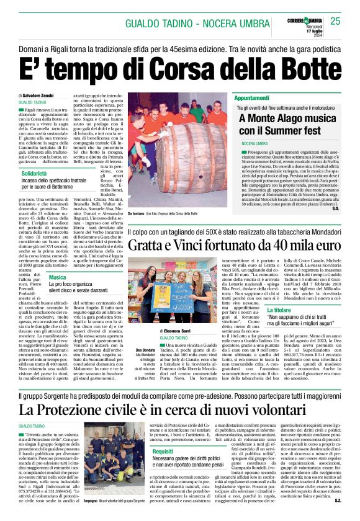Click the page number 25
click(x=335, y=21)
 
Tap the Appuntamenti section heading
click(x=252, y=98)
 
